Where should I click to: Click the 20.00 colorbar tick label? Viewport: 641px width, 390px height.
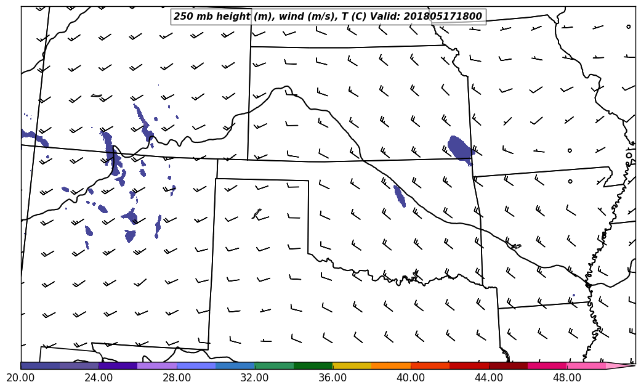[x=21, y=377]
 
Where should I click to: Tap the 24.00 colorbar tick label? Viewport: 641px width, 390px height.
[x=99, y=377]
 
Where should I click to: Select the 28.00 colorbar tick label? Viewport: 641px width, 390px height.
[x=177, y=377]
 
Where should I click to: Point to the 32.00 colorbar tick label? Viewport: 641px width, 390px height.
[x=255, y=377]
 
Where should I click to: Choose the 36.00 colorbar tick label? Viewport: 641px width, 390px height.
[x=333, y=377]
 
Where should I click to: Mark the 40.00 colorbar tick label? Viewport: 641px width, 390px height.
[x=411, y=377]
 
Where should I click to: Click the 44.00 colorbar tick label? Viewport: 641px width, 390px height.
[x=489, y=377]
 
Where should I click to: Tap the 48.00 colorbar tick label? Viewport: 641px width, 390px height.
[x=566, y=377]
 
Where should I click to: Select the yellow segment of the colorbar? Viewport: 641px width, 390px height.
[x=352, y=365]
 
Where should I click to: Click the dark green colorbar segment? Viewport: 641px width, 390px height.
[x=313, y=365]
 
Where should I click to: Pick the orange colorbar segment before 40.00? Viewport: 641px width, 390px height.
[x=391, y=365]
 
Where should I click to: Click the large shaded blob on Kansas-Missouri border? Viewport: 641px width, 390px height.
[x=459, y=148]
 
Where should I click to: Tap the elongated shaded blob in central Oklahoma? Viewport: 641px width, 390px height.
[x=400, y=196]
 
